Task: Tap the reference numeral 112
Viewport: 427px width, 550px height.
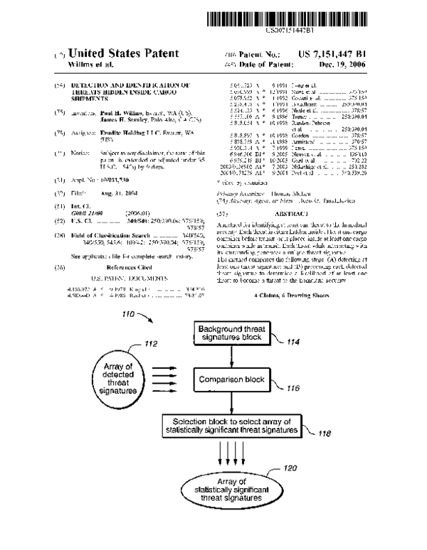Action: point(151,345)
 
